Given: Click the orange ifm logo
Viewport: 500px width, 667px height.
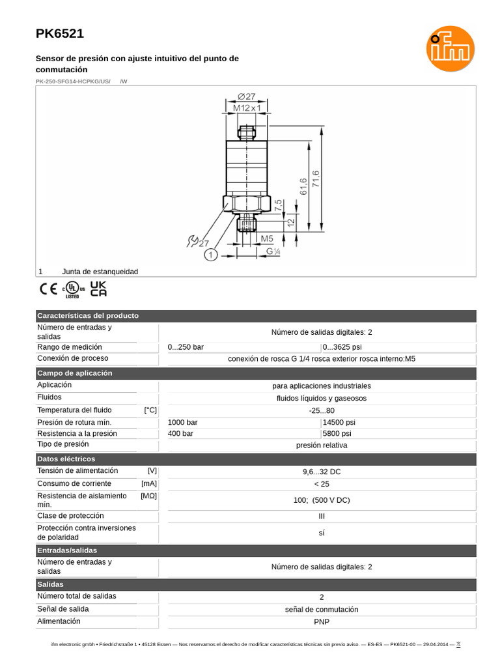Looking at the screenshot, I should click(451, 48).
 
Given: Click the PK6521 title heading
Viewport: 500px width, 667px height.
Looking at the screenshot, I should click(59, 34).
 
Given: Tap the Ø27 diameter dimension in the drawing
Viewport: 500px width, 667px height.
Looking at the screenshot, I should click(246, 96).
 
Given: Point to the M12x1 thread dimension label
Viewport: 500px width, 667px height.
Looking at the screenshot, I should click(246, 107).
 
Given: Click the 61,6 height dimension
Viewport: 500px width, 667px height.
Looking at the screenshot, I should click(303, 188).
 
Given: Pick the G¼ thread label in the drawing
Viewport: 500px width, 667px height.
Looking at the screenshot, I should click(273, 251).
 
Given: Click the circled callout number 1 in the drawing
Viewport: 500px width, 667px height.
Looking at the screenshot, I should click(210, 256).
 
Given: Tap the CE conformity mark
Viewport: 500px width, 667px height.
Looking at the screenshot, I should click(48, 289).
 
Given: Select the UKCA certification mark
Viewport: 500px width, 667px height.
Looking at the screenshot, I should click(98, 289).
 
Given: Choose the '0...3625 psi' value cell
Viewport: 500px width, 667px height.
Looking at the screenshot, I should click(342, 347).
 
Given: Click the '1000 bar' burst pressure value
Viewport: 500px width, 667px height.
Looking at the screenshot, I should click(183, 422).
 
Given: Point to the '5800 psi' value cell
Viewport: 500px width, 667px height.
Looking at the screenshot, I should click(337, 433).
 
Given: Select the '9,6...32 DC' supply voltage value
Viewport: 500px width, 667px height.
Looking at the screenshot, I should click(322, 472).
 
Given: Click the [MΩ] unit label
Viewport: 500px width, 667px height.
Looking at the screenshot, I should click(149, 496).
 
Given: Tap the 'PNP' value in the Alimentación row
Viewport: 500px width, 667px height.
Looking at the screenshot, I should click(322, 622).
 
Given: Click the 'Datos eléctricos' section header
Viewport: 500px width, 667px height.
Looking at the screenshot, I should click(66, 459).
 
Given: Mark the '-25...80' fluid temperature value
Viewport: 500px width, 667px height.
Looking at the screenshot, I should click(322, 410).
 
